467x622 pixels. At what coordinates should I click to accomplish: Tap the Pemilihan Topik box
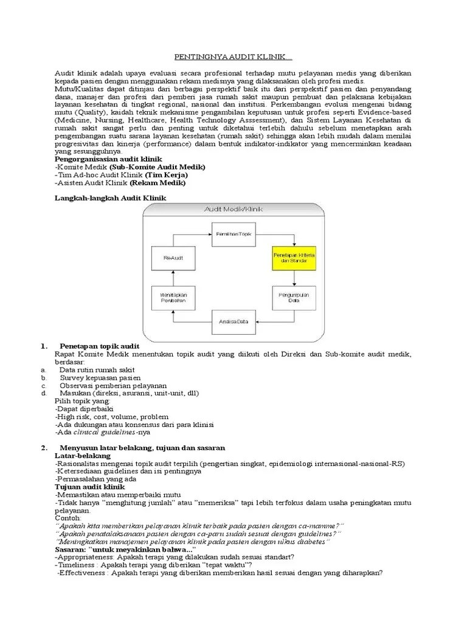click(x=234, y=233)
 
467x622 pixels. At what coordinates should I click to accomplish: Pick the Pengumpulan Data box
click(x=294, y=298)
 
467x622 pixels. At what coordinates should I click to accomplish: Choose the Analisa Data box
click(x=234, y=321)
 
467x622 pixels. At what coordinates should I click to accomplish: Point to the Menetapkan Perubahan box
click(x=173, y=298)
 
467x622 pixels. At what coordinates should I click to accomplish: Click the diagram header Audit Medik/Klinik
click(x=233, y=210)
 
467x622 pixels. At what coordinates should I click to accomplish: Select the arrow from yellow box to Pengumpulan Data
click(x=294, y=278)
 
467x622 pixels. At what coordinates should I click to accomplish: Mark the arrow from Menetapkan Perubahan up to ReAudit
click(x=173, y=278)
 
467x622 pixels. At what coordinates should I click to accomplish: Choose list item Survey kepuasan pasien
click(x=100, y=377)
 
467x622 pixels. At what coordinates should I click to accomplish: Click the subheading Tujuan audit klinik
click(x=89, y=487)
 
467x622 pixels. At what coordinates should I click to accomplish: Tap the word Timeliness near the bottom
click(x=77, y=564)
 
